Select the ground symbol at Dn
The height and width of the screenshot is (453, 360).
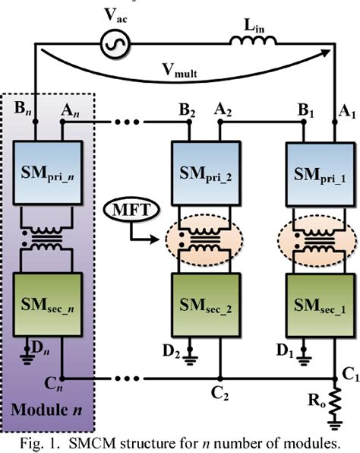27,360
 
